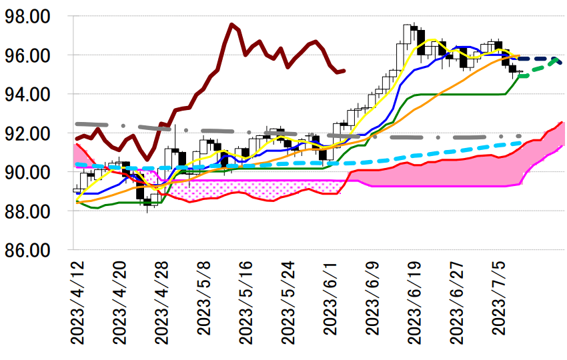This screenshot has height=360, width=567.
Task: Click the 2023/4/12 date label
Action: pos(79,303)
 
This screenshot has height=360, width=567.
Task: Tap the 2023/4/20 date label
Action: pos(121,303)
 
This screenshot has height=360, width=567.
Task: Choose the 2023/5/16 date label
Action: pos(247,303)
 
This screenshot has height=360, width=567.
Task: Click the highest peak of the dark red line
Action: pos(231,25)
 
